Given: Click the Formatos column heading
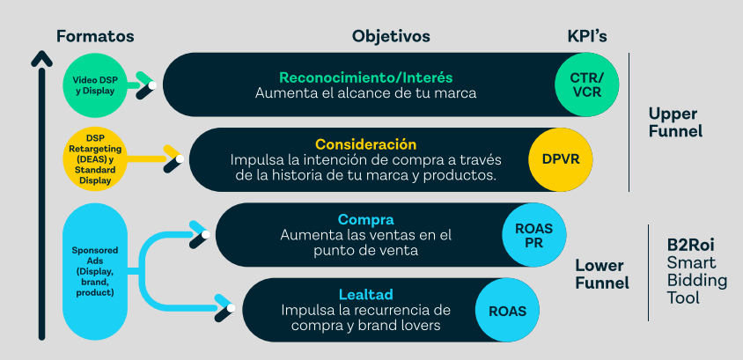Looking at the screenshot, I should click(95, 36).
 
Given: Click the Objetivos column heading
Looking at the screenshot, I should click(391, 36).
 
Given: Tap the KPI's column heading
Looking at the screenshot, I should click(587, 36).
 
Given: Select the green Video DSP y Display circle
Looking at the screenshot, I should click(99, 84).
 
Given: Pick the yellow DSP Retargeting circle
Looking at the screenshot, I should click(99, 159).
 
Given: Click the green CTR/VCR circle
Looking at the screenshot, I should click(587, 84).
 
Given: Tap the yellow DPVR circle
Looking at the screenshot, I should click(561, 159).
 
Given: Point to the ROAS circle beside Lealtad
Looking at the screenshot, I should click(507, 310).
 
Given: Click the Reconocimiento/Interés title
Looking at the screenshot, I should click(365, 77).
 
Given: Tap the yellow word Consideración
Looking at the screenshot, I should click(365, 144).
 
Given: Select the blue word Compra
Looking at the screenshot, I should click(365, 219).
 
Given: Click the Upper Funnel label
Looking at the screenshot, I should click(674, 122).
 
